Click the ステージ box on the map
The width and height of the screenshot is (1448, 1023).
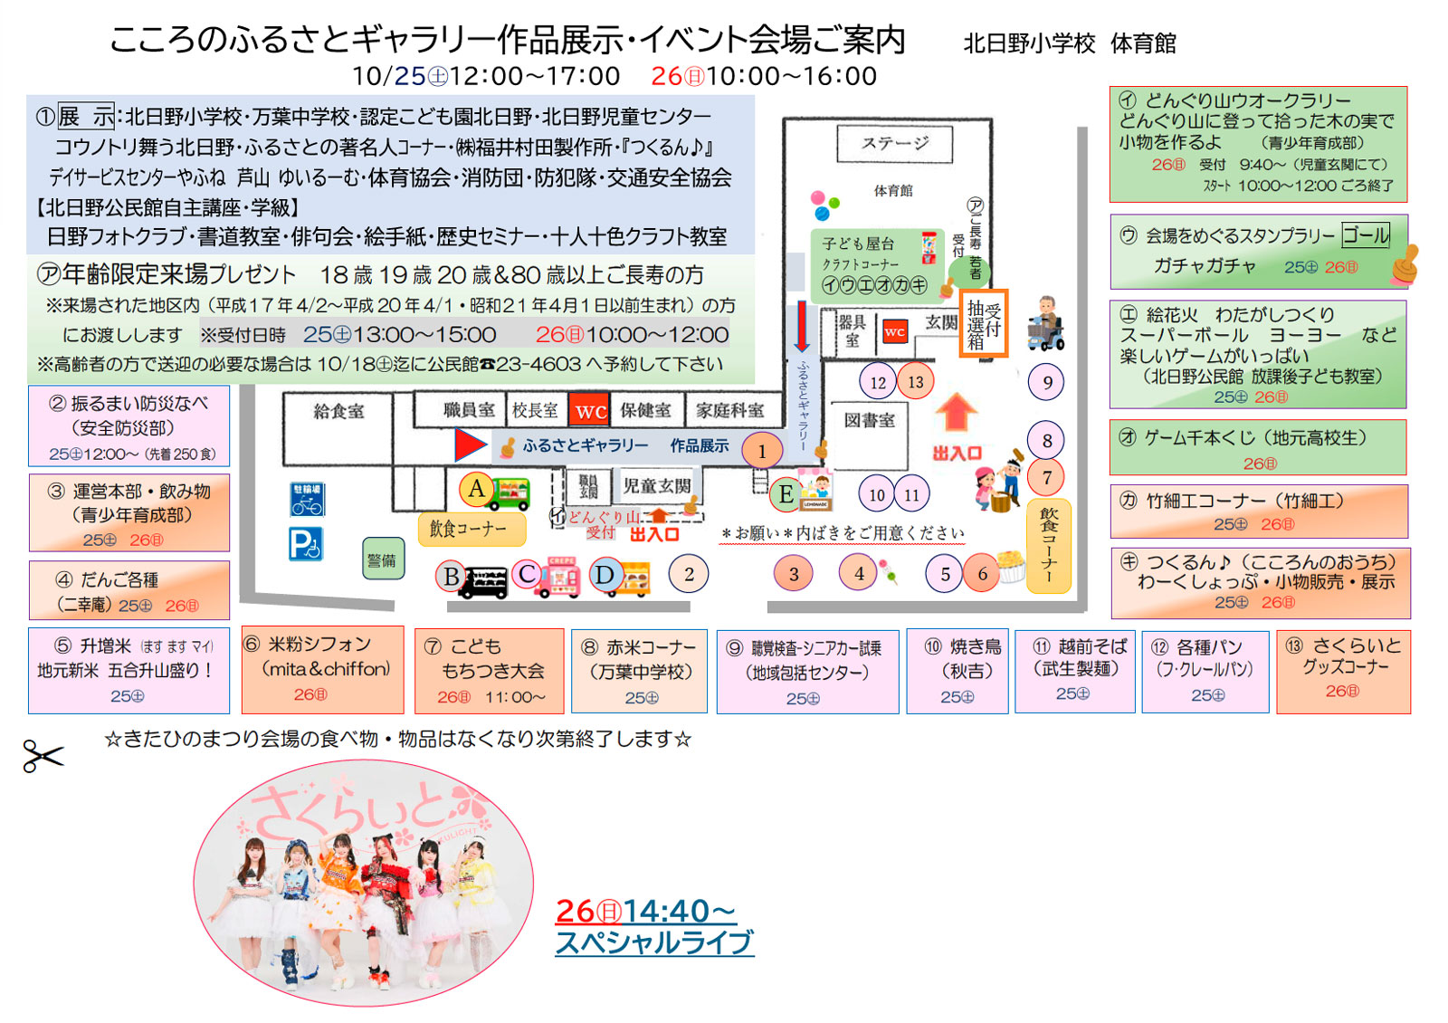click(x=894, y=143)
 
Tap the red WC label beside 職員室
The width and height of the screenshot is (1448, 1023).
click(x=590, y=411)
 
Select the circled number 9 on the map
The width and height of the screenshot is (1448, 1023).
click(x=1047, y=382)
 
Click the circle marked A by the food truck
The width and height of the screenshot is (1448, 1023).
click(x=476, y=490)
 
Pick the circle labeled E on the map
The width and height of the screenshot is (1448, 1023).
click(x=785, y=494)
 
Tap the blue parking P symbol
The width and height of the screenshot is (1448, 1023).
click(x=306, y=544)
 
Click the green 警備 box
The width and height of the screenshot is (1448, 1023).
click(x=381, y=559)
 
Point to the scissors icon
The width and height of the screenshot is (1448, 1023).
click(x=43, y=755)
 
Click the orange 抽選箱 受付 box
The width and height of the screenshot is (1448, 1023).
click(x=983, y=323)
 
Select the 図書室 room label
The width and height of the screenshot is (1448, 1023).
click(x=869, y=420)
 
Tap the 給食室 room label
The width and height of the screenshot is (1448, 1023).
click(x=338, y=411)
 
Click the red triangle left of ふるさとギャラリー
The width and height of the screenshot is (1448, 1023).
click(x=469, y=445)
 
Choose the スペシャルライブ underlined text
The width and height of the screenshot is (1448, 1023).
click(x=653, y=942)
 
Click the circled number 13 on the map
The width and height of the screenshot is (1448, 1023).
click(x=916, y=382)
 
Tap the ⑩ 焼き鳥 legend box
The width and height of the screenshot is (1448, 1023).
click(x=957, y=671)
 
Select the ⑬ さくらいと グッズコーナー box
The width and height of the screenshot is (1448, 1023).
click(x=1342, y=671)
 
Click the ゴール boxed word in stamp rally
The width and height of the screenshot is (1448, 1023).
click(x=1365, y=235)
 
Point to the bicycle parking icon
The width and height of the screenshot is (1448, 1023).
click(x=306, y=499)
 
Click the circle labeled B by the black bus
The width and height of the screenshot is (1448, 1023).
click(x=451, y=577)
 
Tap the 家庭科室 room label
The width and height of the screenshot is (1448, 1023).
click(x=729, y=411)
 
